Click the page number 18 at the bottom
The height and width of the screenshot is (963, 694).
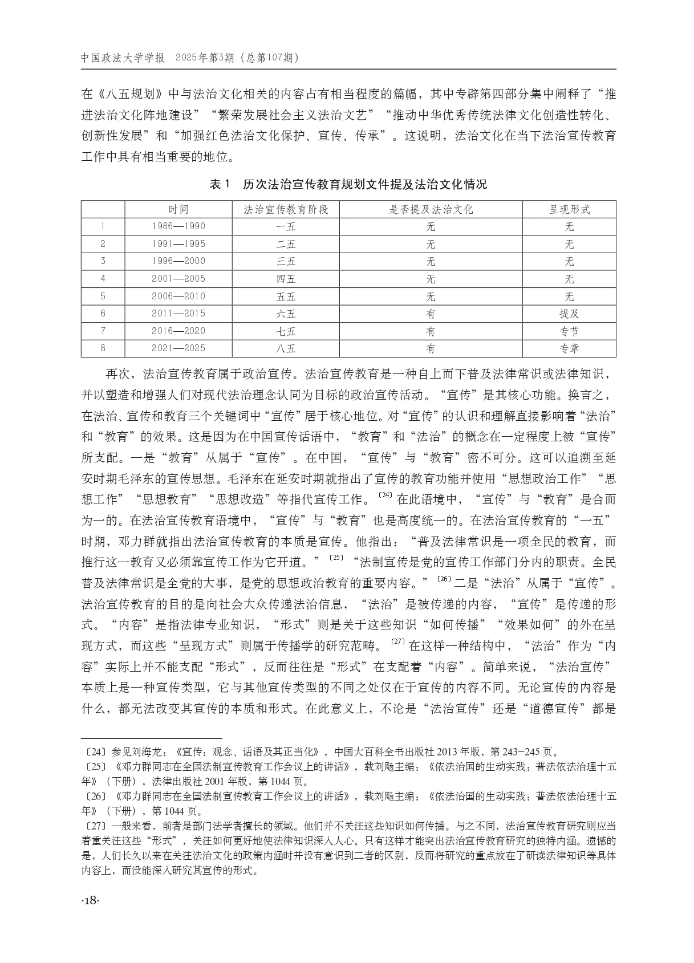click(91, 900)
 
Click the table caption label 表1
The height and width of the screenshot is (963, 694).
click(220, 185)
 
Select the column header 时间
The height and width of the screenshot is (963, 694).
click(178, 209)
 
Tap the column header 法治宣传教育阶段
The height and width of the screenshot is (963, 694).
click(286, 209)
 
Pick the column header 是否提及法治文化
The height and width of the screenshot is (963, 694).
click(431, 209)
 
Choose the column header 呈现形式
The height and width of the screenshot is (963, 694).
click(569, 209)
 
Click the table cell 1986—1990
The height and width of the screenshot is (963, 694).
click(178, 226)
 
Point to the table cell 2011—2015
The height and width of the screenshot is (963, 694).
click(178, 314)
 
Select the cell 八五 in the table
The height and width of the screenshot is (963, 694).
click(286, 348)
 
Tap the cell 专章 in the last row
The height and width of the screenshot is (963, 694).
click(569, 348)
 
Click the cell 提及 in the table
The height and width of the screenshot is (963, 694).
click(569, 314)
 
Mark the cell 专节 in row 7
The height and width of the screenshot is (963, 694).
click(569, 331)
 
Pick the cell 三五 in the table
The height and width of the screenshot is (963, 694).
click(286, 261)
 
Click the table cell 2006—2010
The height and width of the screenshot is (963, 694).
click(178, 296)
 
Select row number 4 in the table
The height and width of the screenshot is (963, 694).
click(103, 279)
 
